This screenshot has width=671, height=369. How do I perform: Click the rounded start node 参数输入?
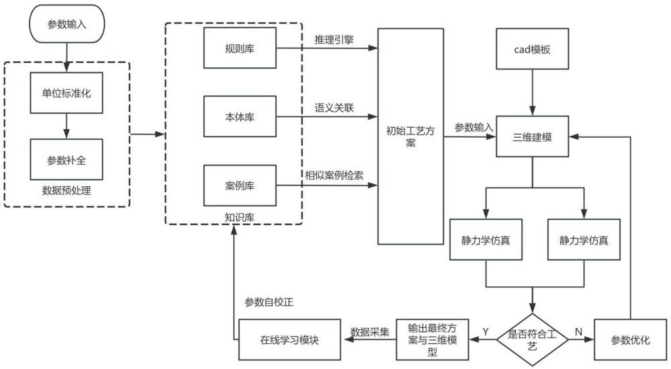(66, 24)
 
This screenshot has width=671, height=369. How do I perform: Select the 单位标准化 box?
(66, 92)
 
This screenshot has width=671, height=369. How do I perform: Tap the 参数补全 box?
(66, 159)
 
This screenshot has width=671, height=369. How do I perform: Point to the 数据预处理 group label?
(66, 191)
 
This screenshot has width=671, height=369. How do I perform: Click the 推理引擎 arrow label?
(334, 40)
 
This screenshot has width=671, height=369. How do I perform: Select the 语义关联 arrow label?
(334, 108)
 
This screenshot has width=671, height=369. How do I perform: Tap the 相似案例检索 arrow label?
(334, 175)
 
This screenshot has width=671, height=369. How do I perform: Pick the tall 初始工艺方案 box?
(410, 136)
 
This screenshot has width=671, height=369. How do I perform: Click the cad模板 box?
(532, 49)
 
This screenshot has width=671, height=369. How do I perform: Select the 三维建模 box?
(532, 136)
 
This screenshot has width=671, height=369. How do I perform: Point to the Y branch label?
(485, 331)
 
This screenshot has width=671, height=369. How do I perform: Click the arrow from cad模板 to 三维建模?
(532, 91)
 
